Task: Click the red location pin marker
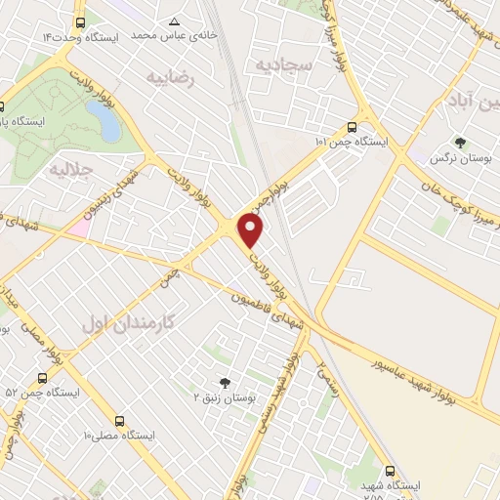point(252,230)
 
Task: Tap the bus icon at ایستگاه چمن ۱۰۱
point(352,126)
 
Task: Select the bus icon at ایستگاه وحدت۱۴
point(79,21)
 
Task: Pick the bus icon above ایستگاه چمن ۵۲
point(41,378)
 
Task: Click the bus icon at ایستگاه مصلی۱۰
point(119,422)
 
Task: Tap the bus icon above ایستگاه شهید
point(392,470)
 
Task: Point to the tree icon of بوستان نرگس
point(460,143)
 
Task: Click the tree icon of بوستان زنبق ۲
point(226,383)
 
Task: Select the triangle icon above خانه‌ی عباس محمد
point(174,21)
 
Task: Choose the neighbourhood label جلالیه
point(69,169)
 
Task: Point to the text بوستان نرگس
point(461,158)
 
